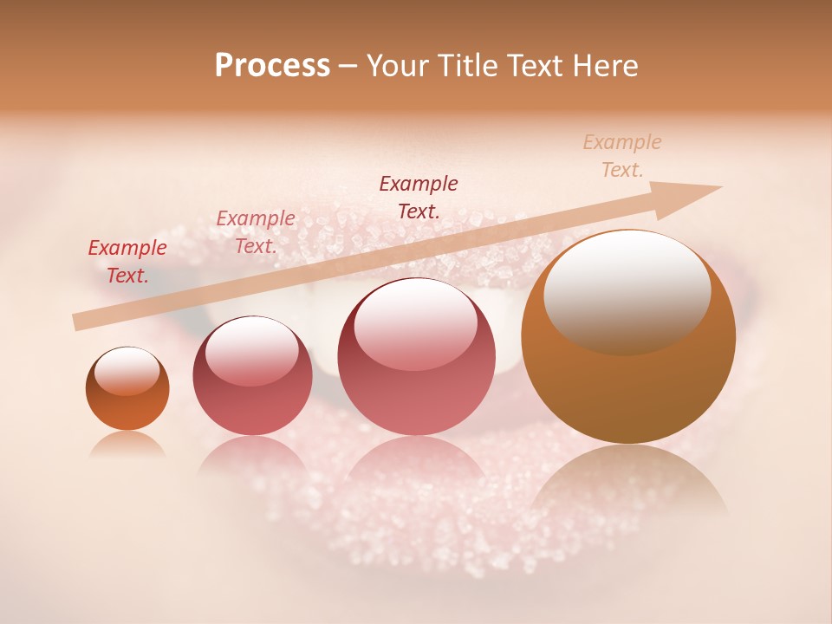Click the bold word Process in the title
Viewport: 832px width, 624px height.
pos(272,66)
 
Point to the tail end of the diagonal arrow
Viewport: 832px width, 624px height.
pos(76,322)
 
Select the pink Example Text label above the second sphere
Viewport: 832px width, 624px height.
pos(255,232)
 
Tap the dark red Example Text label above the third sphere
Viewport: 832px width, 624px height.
pos(419,197)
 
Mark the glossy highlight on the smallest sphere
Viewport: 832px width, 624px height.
pos(127,371)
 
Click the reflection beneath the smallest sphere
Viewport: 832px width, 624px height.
pos(127,445)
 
